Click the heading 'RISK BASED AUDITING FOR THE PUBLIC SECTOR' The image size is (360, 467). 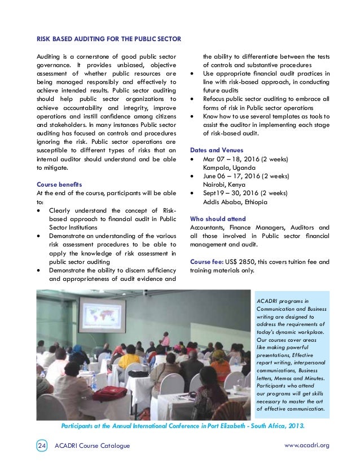pyautogui.click(x=108, y=39)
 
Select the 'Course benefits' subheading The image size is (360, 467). pyautogui.click(x=59, y=184)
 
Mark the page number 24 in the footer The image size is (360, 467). pyautogui.click(x=42, y=446)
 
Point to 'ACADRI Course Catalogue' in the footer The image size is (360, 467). pyautogui.click(x=92, y=446)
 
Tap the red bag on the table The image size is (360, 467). pyautogui.click(x=109, y=393)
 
